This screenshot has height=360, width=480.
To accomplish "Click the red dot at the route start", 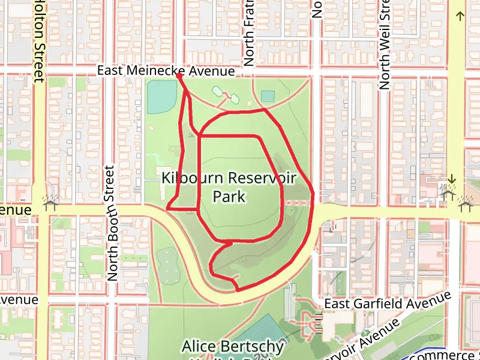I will [179, 76].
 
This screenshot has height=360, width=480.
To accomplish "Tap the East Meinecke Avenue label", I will [166, 71].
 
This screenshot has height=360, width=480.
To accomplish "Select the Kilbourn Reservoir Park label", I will [229, 187].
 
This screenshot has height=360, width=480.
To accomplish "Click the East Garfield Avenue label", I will [387, 304].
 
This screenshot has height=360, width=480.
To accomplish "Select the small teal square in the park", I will [268, 96].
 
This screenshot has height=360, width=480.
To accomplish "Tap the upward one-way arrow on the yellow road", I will [460, 16].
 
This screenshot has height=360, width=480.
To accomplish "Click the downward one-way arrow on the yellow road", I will [451, 179].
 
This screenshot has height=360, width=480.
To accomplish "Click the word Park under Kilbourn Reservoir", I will [229, 196].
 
